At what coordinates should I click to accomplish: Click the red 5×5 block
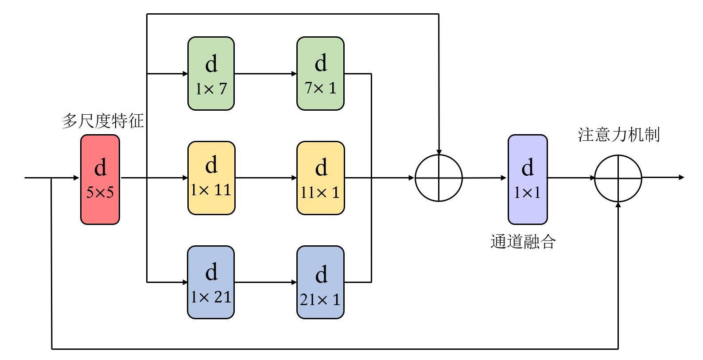[x=100, y=179]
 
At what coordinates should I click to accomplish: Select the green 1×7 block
[x=211, y=74]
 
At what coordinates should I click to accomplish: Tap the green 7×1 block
[x=320, y=74]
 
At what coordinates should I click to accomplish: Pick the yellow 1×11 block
[x=211, y=178]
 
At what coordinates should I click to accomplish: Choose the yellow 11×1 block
[x=320, y=178]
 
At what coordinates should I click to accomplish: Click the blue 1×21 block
[x=211, y=282]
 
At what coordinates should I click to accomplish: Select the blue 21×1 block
[x=320, y=282]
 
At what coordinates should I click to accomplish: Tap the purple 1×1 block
[x=527, y=179]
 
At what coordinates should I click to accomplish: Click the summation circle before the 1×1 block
[x=439, y=178]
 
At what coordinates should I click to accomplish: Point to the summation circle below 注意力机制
[x=618, y=178]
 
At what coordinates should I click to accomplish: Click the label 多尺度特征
[x=103, y=121]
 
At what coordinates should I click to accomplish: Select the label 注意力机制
[x=619, y=135]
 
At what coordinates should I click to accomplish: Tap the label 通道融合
[x=523, y=242]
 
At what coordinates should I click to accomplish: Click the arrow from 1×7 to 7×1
[x=265, y=74]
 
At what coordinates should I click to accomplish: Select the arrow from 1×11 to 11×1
[x=266, y=178]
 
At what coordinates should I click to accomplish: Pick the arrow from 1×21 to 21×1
[x=265, y=282]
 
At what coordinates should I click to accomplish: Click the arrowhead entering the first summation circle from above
[x=439, y=151]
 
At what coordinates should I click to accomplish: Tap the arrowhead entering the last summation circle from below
[x=618, y=205]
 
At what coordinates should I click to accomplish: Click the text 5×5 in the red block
[x=100, y=192]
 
